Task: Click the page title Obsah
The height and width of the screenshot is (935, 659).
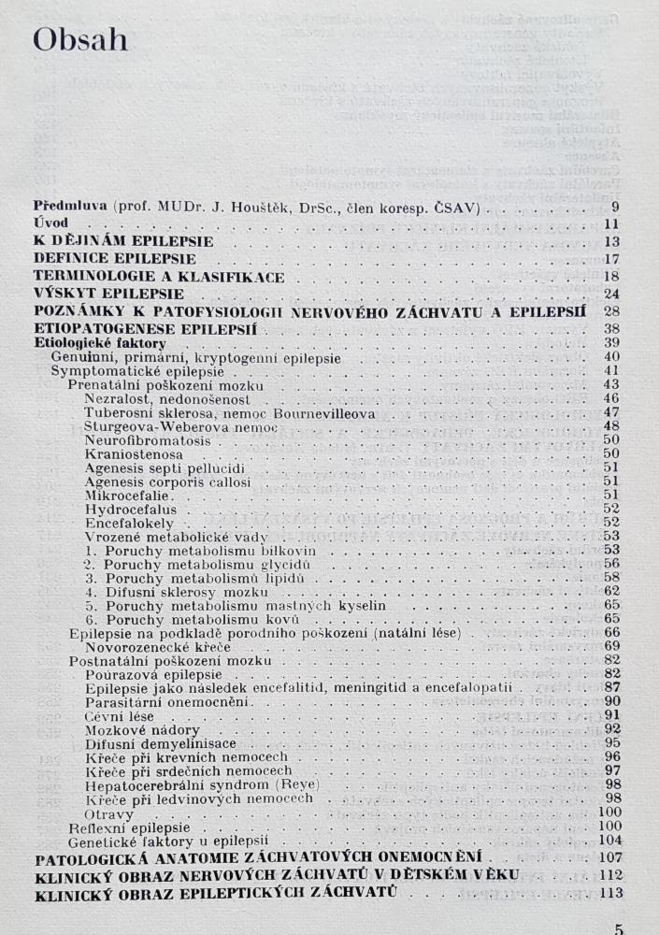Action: (79, 41)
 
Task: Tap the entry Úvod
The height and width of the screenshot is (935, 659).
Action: (50, 223)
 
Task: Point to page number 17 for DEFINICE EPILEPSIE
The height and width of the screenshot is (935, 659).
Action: (612, 259)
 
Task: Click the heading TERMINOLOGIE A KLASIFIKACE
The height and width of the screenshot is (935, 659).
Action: (158, 277)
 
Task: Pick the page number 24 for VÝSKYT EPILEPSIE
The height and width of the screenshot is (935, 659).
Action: (612, 295)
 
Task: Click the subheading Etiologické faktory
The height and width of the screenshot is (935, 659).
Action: (101, 344)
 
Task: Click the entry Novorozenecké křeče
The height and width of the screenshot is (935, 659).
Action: (150, 646)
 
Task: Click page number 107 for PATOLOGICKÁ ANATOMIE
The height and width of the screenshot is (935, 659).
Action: (609, 856)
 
